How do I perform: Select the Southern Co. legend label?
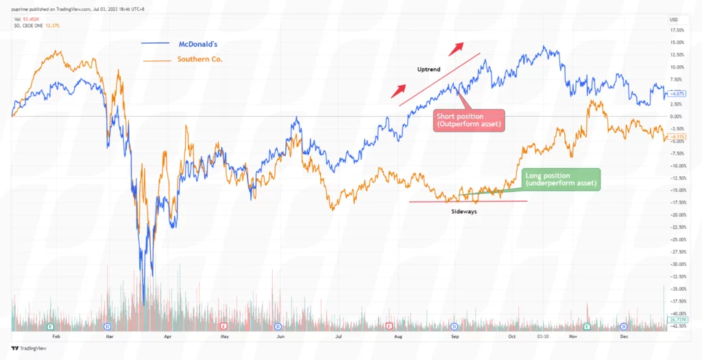click(199, 60)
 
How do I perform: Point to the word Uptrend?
click(428, 70)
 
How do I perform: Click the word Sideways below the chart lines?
click(464, 212)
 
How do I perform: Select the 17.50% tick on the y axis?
click(677, 30)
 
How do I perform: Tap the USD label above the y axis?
click(673, 19)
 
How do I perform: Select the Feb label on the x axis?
click(56, 337)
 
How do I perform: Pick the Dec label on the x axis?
click(625, 337)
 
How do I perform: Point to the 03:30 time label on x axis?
click(542, 337)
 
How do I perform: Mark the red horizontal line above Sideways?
click(468, 202)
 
